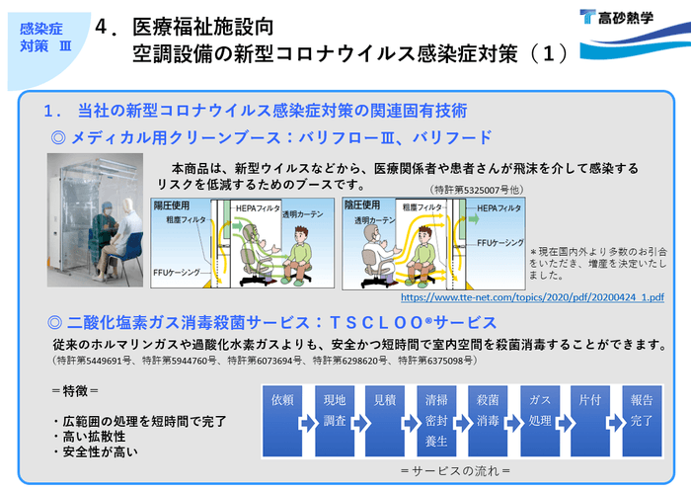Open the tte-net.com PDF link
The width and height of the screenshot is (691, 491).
click(532, 295)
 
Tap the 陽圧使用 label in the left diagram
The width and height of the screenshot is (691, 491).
click(172, 205)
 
